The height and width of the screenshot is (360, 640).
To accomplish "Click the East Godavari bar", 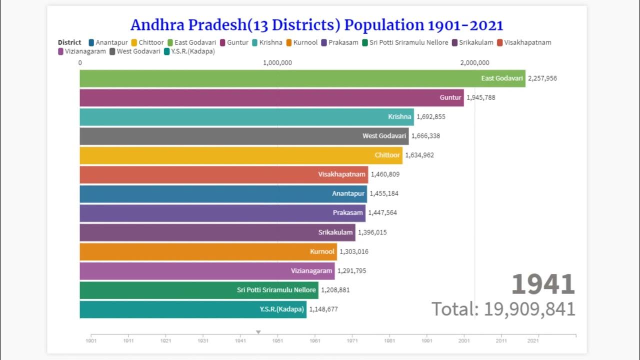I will (x=302, y=78).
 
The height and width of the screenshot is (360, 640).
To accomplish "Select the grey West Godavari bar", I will (x=244, y=136).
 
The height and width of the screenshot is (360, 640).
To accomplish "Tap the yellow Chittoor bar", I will (x=241, y=155).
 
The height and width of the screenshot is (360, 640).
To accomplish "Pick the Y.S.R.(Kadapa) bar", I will (x=193, y=309).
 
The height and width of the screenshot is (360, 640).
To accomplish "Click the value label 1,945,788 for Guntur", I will (x=480, y=97).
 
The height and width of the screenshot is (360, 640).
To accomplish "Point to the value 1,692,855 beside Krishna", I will (x=430, y=117).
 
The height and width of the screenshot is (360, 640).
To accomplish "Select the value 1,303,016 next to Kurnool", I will (x=353, y=251).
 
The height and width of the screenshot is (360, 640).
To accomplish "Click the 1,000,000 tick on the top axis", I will (x=277, y=62).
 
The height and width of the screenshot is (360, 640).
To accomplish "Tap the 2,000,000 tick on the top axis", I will (x=474, y=62).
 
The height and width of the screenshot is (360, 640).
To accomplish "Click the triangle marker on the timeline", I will (x=258, y=332).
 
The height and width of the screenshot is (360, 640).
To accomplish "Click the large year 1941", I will (x=543, y=284).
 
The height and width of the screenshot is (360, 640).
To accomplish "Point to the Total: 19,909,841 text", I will (x=503, y=309).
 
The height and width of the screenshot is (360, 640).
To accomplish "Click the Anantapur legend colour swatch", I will (x=91, y=42).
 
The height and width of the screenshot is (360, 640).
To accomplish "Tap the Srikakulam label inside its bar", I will (x=335, y=232).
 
